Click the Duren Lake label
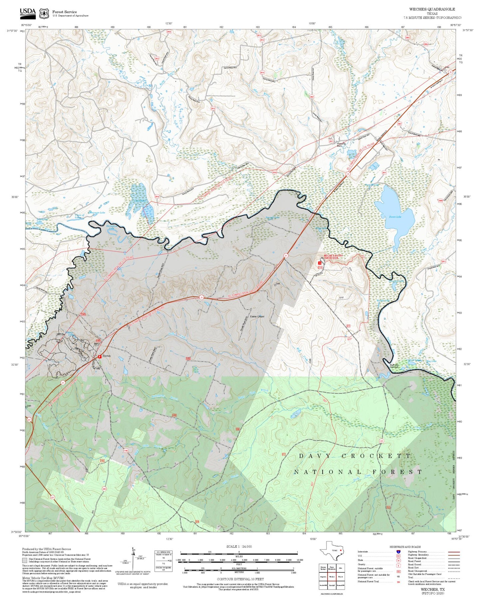point(395,217)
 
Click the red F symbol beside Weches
point(99,356)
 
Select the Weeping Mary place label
point(341,145)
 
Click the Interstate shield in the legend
point(398,551)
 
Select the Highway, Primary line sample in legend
point(454,552)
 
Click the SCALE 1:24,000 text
point(239,546)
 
